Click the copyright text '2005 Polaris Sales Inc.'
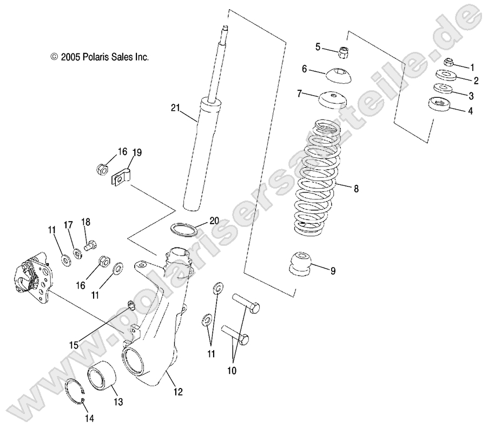click(100, 56)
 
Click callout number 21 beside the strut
click(175, 109)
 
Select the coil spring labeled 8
click(320, 178)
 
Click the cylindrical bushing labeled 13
click(103, 377)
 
